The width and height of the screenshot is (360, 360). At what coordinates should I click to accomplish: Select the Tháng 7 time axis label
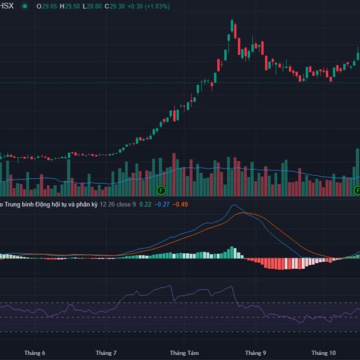(106, 353)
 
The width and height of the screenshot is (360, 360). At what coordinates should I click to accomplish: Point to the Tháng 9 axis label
(254, 353)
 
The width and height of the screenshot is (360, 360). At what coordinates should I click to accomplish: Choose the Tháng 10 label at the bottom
(324, 353)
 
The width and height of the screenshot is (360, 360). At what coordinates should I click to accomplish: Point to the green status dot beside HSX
(25, 6)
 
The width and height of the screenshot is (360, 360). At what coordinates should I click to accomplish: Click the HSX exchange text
(7, 6)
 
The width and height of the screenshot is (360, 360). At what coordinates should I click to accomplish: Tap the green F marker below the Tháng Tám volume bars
(161, 190)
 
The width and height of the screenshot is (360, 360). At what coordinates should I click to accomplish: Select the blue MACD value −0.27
(162, 205)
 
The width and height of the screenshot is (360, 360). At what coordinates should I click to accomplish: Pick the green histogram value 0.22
(145, 205)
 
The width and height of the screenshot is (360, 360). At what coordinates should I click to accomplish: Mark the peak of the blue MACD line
(234, 205)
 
